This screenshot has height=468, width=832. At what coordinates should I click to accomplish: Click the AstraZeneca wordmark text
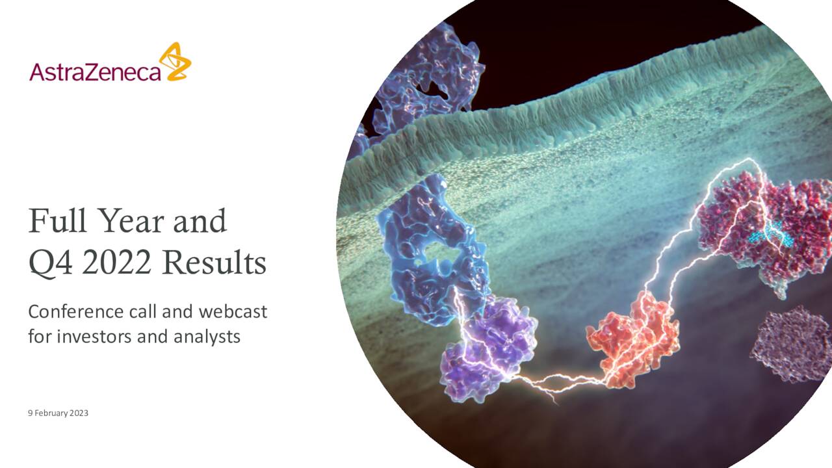coord(95,70)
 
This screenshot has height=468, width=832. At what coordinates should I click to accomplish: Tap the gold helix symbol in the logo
coord(175,62)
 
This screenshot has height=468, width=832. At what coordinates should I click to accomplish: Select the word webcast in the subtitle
coord(233,312)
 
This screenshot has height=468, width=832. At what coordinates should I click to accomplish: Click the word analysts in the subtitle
coord(207,336)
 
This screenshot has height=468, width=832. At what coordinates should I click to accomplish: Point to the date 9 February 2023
coord(58,413)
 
